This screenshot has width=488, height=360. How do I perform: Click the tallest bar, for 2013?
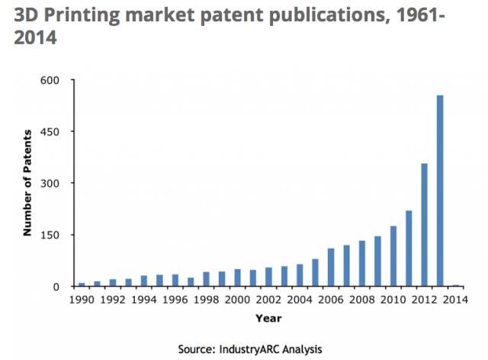(x=440, y=191)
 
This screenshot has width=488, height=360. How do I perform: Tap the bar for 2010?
(x=393, y=256)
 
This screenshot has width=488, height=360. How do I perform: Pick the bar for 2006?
(x=331, y=268)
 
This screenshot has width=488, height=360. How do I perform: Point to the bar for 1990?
(x=82, y=284)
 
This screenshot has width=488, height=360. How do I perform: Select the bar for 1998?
(x=206, y=279)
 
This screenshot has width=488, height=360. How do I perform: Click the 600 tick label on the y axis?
(x=59, y=80)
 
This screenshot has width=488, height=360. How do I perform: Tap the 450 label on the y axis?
(x=59, y=132)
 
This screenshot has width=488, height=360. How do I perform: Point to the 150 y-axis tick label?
(x=59, y=235)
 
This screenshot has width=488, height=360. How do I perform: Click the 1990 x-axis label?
(x=82, y=301)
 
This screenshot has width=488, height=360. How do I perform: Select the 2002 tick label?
(x=268, y=301)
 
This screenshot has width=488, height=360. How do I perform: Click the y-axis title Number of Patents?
(x=27, y=183)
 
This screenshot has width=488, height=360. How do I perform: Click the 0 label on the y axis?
(x=67, y=287)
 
